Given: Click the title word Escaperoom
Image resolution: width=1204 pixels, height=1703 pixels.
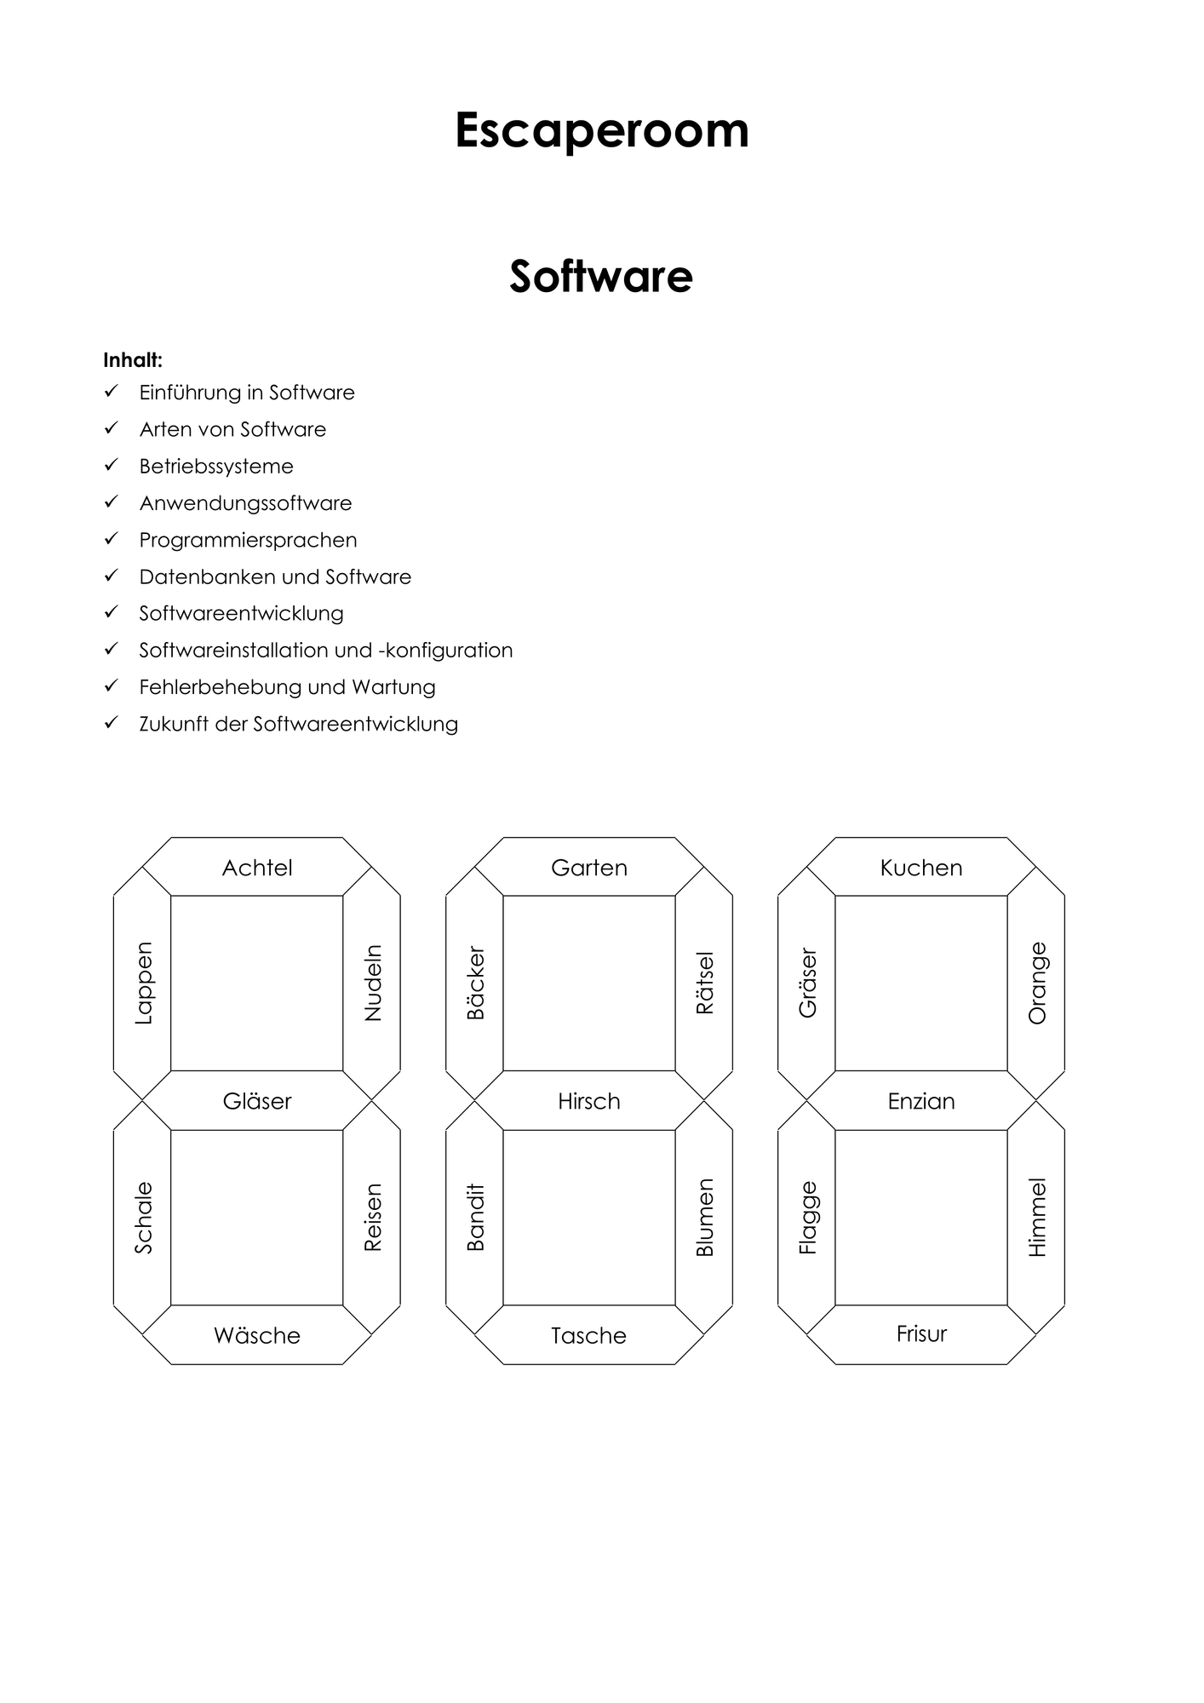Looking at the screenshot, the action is point(602,130).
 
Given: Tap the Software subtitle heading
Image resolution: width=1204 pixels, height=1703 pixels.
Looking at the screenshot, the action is point(601,276).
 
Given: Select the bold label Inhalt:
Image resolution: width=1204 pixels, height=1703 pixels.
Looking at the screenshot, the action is point(133,360).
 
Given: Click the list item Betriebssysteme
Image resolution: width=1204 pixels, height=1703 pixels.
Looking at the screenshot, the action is point(216,467).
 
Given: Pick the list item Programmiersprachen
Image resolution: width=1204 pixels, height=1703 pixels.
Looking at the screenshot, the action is point(248,540).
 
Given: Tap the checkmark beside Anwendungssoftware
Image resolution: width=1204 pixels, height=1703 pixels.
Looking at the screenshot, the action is point(111,502).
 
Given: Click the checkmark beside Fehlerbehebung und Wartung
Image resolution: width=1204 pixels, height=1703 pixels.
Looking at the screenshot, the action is point(111,685).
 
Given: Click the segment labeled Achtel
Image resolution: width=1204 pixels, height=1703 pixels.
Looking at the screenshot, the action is point(257,868).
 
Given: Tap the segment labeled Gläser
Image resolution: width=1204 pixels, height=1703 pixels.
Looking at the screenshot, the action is point(257,1101).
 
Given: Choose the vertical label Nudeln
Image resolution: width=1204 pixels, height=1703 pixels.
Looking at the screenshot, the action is point(373,983).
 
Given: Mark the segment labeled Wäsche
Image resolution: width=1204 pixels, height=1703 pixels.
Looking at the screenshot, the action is point(257,1335).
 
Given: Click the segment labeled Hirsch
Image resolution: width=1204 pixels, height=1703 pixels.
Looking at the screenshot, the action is point(589,1101).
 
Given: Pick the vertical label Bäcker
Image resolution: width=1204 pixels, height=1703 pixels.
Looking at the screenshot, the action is point(475,983).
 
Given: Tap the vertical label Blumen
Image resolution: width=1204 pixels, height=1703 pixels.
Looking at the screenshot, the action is point(705,1218).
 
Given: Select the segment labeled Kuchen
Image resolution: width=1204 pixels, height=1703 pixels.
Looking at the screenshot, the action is point(921,868).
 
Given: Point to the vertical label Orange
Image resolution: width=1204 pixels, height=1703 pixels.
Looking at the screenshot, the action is point(1037,983).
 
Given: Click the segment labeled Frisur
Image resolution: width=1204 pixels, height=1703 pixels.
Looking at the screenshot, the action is point(921,1334).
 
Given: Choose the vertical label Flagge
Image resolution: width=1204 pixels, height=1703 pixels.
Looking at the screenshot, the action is point(808,1218).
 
